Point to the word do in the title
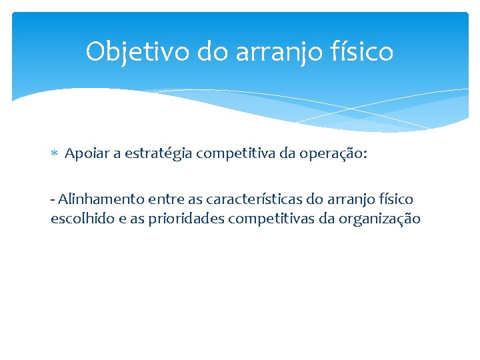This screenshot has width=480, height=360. point(212,52)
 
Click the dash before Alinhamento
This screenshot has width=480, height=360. point(53,199)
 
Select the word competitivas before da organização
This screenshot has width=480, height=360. point(273,218)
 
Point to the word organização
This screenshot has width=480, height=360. point(381,219)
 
